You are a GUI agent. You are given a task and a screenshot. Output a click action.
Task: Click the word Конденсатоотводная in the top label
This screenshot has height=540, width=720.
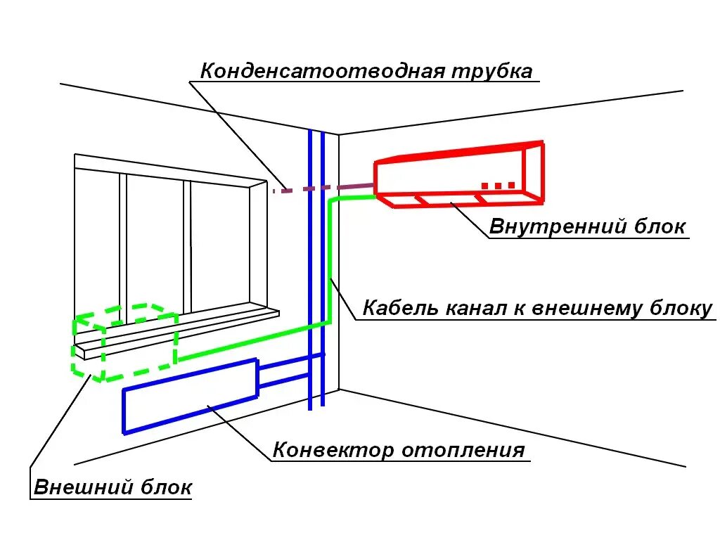pyautogui.click(x=320, y=71)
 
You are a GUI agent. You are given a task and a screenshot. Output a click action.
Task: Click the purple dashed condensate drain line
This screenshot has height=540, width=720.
pyautogui.click(x=323, y=188)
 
